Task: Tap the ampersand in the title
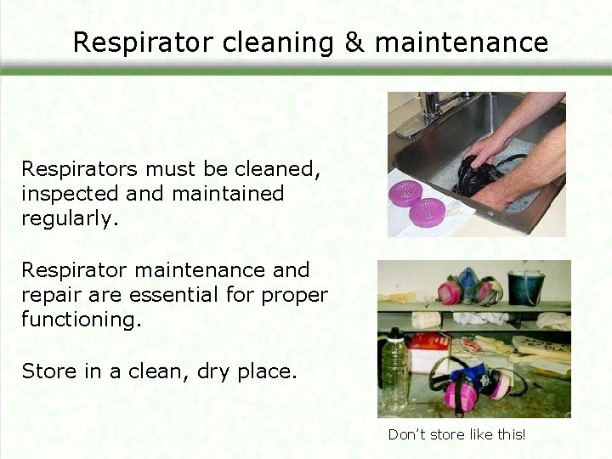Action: (x=354, y=42)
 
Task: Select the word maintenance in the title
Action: (x=462, y=42)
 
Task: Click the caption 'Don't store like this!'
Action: (x=456, y=434)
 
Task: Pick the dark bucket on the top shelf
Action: (x=525, y=287)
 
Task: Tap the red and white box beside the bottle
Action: (x=428, y=352)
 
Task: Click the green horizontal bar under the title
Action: (x=306, y=72)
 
